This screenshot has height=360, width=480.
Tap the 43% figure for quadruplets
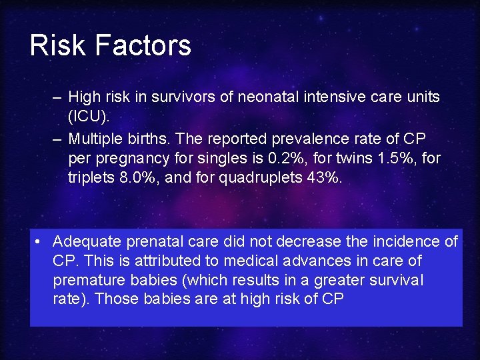coord(325,179)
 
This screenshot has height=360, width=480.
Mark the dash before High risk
coord(58,97)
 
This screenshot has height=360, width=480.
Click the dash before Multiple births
coord(58,139)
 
